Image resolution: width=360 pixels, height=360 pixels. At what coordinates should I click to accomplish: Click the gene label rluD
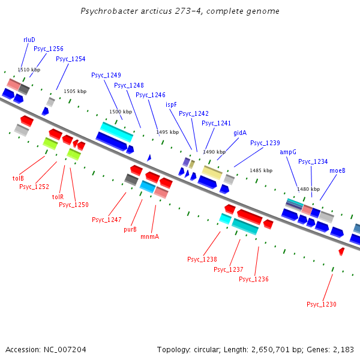[x=29, y=40]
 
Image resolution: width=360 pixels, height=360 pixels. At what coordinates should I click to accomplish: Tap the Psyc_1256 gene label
[x=49, y=49]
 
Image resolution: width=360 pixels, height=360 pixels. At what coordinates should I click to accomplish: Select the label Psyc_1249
[x=106, y=76]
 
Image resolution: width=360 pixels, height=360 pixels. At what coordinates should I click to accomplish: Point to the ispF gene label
[x=171, y=104]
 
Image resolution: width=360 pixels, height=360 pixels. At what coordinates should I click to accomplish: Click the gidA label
[x=240, y=133]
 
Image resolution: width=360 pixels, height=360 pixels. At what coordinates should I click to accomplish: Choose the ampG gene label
[x=288, y=152]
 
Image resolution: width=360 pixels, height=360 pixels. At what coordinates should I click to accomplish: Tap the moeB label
[x=337, y=170]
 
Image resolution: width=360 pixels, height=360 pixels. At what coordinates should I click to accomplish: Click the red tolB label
[x=18, y=178]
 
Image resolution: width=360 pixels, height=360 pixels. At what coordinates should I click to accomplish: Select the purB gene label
[x=130, y=229]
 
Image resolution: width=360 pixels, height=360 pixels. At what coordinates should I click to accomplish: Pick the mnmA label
[x=149, y=237]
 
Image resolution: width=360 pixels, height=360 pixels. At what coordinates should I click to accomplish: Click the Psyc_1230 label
[x=322, y=305]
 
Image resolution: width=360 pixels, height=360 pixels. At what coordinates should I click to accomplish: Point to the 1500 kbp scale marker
[x=120, y=112]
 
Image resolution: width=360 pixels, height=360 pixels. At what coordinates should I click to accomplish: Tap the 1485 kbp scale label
[x=261, y=170]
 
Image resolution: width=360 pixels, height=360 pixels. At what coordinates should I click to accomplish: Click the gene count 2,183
[x=342, y=349]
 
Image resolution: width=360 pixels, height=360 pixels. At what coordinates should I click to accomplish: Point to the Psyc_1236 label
[x=254, y=280]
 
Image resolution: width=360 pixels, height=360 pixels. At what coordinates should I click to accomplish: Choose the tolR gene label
[x=58, y=197]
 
